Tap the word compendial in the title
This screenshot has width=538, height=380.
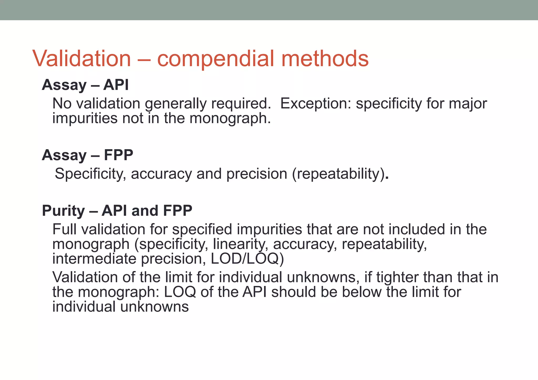pos(215,59)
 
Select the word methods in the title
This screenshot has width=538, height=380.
pos(325,59)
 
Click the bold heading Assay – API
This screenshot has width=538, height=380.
pos(85,85)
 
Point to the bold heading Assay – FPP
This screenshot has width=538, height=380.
pos(87,155)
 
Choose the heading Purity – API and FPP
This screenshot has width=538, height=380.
pos(117,211)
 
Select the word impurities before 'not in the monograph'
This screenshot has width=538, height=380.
pos(85,118)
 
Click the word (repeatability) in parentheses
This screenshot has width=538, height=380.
pos(339,174)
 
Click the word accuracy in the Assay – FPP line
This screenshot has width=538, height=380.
pos(161,174)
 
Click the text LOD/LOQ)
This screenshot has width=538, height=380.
pos(247,259)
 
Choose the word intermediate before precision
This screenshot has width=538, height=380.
pos(94,259)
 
